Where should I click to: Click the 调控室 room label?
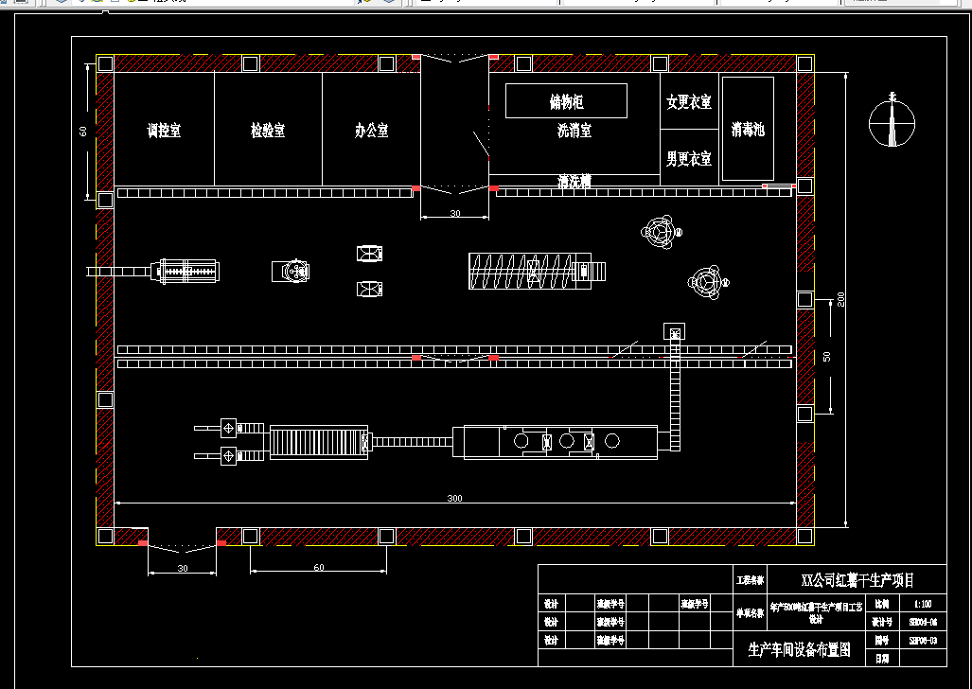tap(164, 132)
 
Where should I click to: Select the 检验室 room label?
tap(268, 132)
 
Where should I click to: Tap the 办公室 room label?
tap(371, 132)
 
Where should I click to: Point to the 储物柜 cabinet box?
tap(566, 101)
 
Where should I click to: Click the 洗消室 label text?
tap(574, 132)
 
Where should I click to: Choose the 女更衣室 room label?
tap(689, 102)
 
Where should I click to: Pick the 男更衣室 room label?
tap(689, 159)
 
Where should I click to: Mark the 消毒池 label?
tap(748, 130)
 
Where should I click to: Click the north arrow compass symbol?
tap(892, 121)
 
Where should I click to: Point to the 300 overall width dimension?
tap(455, 498)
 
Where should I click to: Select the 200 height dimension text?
tap(840, 299)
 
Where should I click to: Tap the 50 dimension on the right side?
tap(827, 357)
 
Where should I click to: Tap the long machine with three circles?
tap(555, 441)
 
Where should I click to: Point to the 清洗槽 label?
tap(574, 182)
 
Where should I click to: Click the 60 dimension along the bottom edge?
tap(318, 568)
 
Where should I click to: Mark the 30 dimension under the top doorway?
tap(455, 214)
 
